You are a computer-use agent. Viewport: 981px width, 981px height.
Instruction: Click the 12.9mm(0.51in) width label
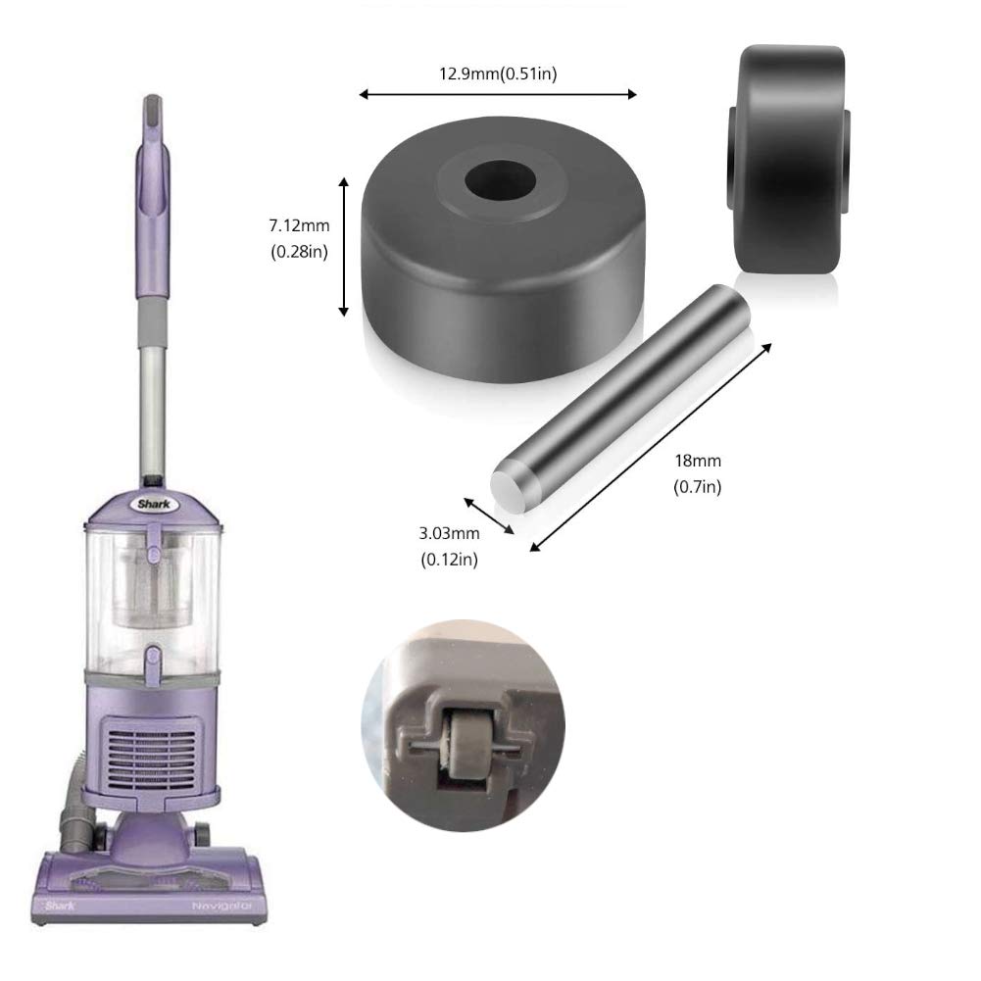point(498,74)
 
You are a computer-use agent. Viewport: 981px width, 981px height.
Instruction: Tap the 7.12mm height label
point(299,226)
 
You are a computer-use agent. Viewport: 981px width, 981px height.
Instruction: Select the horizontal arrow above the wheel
point(498,94)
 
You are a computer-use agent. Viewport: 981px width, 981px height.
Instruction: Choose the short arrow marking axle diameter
point(489,515)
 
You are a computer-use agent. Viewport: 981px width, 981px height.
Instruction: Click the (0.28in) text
point(299,251)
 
